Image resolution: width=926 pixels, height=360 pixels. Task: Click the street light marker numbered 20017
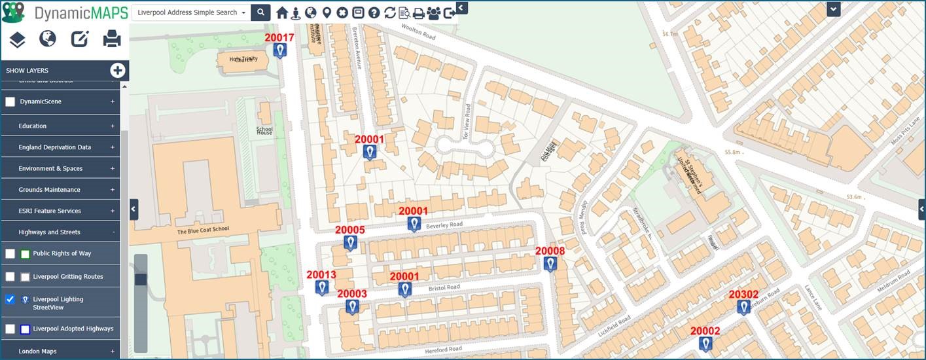click(280, 50)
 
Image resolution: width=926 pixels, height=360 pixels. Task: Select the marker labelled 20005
click(351, 243)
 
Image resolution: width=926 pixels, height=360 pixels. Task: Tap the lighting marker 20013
click(322, 287)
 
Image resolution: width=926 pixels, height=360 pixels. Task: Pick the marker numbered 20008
click(550, 264)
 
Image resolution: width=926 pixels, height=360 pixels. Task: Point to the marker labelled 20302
click(743, 307)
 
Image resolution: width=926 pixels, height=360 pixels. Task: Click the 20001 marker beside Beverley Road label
click(414, 224)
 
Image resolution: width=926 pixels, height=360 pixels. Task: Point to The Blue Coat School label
click(204, 231)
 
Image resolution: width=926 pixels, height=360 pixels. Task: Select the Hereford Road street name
click(443, 350)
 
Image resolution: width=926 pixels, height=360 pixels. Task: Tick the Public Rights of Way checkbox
click(10, 254)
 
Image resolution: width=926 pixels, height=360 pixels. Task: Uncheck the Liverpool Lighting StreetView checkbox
click(10, 299)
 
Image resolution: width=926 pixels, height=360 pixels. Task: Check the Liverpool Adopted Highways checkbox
click(10, 329)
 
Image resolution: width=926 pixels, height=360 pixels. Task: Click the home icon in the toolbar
click(282, 13)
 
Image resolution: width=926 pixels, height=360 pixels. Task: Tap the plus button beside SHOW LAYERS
click(118, 70)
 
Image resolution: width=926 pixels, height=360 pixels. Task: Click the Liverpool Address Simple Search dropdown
click(191, 12)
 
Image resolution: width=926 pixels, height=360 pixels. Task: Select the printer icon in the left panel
click(112, 39)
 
